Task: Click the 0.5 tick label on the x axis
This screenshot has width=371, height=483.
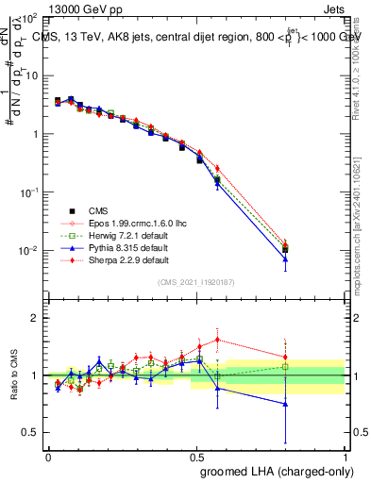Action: tap(196, 456)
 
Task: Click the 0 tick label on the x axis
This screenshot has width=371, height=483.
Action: tap(48, 456)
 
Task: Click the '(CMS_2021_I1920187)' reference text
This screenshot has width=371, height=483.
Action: tap(196, 282)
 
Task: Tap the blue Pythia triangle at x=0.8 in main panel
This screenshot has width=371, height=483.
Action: tap(285, 258)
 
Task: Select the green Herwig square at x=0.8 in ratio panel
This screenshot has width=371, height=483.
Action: tap(285, 366)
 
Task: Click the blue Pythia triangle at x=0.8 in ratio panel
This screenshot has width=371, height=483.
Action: tap(285, 404)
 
